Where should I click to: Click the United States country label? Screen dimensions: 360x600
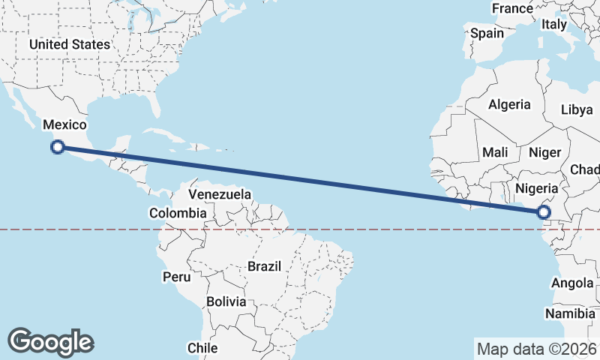[x=70, y=44]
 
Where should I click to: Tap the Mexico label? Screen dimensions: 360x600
[x=64, y=124]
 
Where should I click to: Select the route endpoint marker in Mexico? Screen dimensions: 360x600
[x=57, y=147]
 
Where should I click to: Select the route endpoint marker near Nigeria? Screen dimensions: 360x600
[x=544, y=212]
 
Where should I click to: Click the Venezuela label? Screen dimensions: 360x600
[x=220, y=194]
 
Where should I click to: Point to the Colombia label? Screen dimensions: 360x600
[x=177, y=213]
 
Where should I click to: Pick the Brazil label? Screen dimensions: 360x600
[x=264, y=266]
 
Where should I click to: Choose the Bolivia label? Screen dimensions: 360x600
[x=226, y=301]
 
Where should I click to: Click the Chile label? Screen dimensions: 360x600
[x=202, y=348]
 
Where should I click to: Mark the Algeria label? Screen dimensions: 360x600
[x=509, y=105]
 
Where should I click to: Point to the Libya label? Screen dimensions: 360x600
[x=577, y=109]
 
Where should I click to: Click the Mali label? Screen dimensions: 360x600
[x=495, y=152]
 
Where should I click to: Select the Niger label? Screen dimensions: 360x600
[x=545, y=152]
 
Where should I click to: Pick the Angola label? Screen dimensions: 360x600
[x=572, y=283]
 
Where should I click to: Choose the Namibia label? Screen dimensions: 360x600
[x=570, y=313]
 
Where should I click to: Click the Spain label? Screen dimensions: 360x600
[x=487, y=33]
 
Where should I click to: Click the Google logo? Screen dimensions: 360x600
[x=50, y=341]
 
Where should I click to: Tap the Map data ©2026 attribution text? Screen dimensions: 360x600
[x=536, y=349]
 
